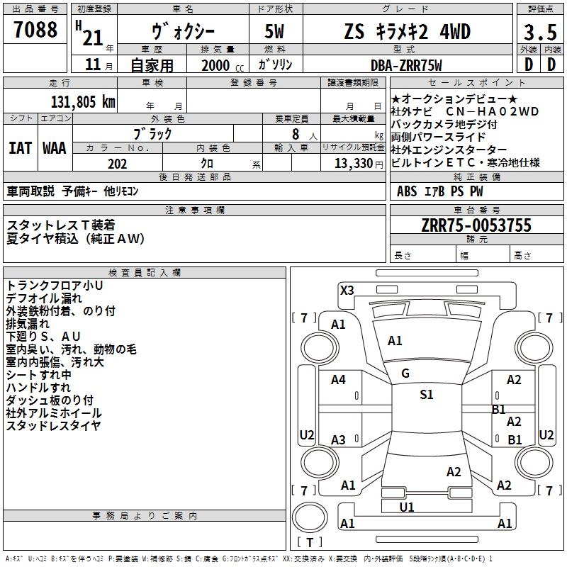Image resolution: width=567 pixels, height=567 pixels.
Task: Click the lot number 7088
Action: click(35, 30)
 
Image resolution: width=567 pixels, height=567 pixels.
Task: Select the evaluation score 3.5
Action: click(540, 32)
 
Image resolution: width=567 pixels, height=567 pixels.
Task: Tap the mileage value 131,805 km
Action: click(83, 102)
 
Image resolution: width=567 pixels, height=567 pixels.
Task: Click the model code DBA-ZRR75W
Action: click(406, 65)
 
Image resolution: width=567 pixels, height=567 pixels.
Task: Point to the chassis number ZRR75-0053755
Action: click(476, 225)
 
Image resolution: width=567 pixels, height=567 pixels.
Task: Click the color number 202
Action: click(117, 164)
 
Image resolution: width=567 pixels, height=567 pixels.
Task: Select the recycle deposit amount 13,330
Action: click(354, 164)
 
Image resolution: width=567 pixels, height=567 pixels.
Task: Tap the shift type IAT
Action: click(21, 148)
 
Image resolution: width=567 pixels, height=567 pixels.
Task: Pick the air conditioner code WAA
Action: click(55, 148)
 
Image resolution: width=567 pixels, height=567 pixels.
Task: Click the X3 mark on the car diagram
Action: click(347, 291)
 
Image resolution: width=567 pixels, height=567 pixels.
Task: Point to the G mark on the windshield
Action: click(405, 374)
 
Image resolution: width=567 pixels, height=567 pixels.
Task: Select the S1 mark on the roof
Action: click(427, 395)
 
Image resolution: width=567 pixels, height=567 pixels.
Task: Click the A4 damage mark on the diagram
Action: click(338, 380)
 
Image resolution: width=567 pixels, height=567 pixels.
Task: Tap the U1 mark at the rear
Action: click(406, 507)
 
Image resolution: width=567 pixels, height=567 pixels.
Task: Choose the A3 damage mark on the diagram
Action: click(338, 439)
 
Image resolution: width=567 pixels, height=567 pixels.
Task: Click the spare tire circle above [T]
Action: click(310, 517)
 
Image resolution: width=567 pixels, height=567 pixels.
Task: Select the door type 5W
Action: click(274, 31)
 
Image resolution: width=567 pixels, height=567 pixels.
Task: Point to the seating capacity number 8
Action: click(296, 134)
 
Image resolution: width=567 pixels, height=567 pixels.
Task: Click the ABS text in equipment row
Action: click(407, 191)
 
